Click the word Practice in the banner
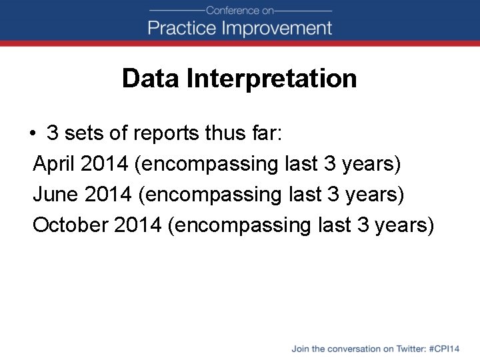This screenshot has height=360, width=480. [x=182, y=28]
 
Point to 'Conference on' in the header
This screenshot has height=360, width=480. [x=240, y=10]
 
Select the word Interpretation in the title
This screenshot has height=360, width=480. [x=272, y=79]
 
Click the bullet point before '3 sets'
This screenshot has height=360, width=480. [x=32, y=133]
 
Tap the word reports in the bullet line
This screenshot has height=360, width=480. [x=159, y=133]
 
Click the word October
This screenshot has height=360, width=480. [x=70, y=225]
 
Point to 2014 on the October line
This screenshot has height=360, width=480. [x=137, y=225]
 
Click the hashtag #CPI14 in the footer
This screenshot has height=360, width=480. [x=445, y=349]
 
